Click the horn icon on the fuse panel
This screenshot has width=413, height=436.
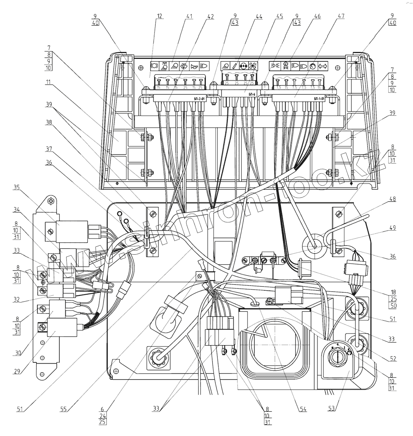(193, 66)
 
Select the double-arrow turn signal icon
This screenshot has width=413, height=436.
(322, 66)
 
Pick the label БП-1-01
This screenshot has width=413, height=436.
(319, 99)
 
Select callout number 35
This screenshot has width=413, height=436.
(16, 188)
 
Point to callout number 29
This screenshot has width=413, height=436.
(18, 372)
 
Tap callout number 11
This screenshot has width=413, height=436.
(47, 83)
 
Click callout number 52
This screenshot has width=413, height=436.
(393, 359)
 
